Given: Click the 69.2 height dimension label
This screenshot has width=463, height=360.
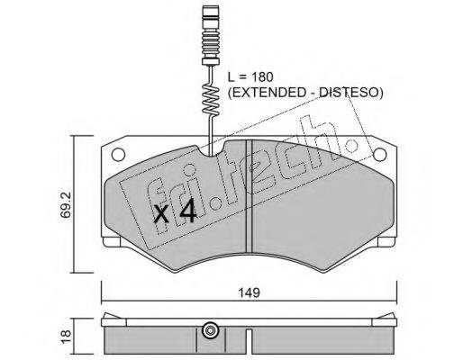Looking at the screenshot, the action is click(66, 204).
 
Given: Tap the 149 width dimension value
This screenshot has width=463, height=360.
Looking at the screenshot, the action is click(250, 292).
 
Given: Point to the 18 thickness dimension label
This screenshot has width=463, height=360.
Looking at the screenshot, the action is click(66, 336).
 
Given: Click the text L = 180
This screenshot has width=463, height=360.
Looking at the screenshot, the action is click(250, 77).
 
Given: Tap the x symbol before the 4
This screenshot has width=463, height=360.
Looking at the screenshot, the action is click(161, 214).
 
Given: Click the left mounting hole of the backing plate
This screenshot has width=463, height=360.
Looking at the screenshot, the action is click(118, 155).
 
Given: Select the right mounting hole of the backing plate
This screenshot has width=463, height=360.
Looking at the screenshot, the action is click(379, 155).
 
